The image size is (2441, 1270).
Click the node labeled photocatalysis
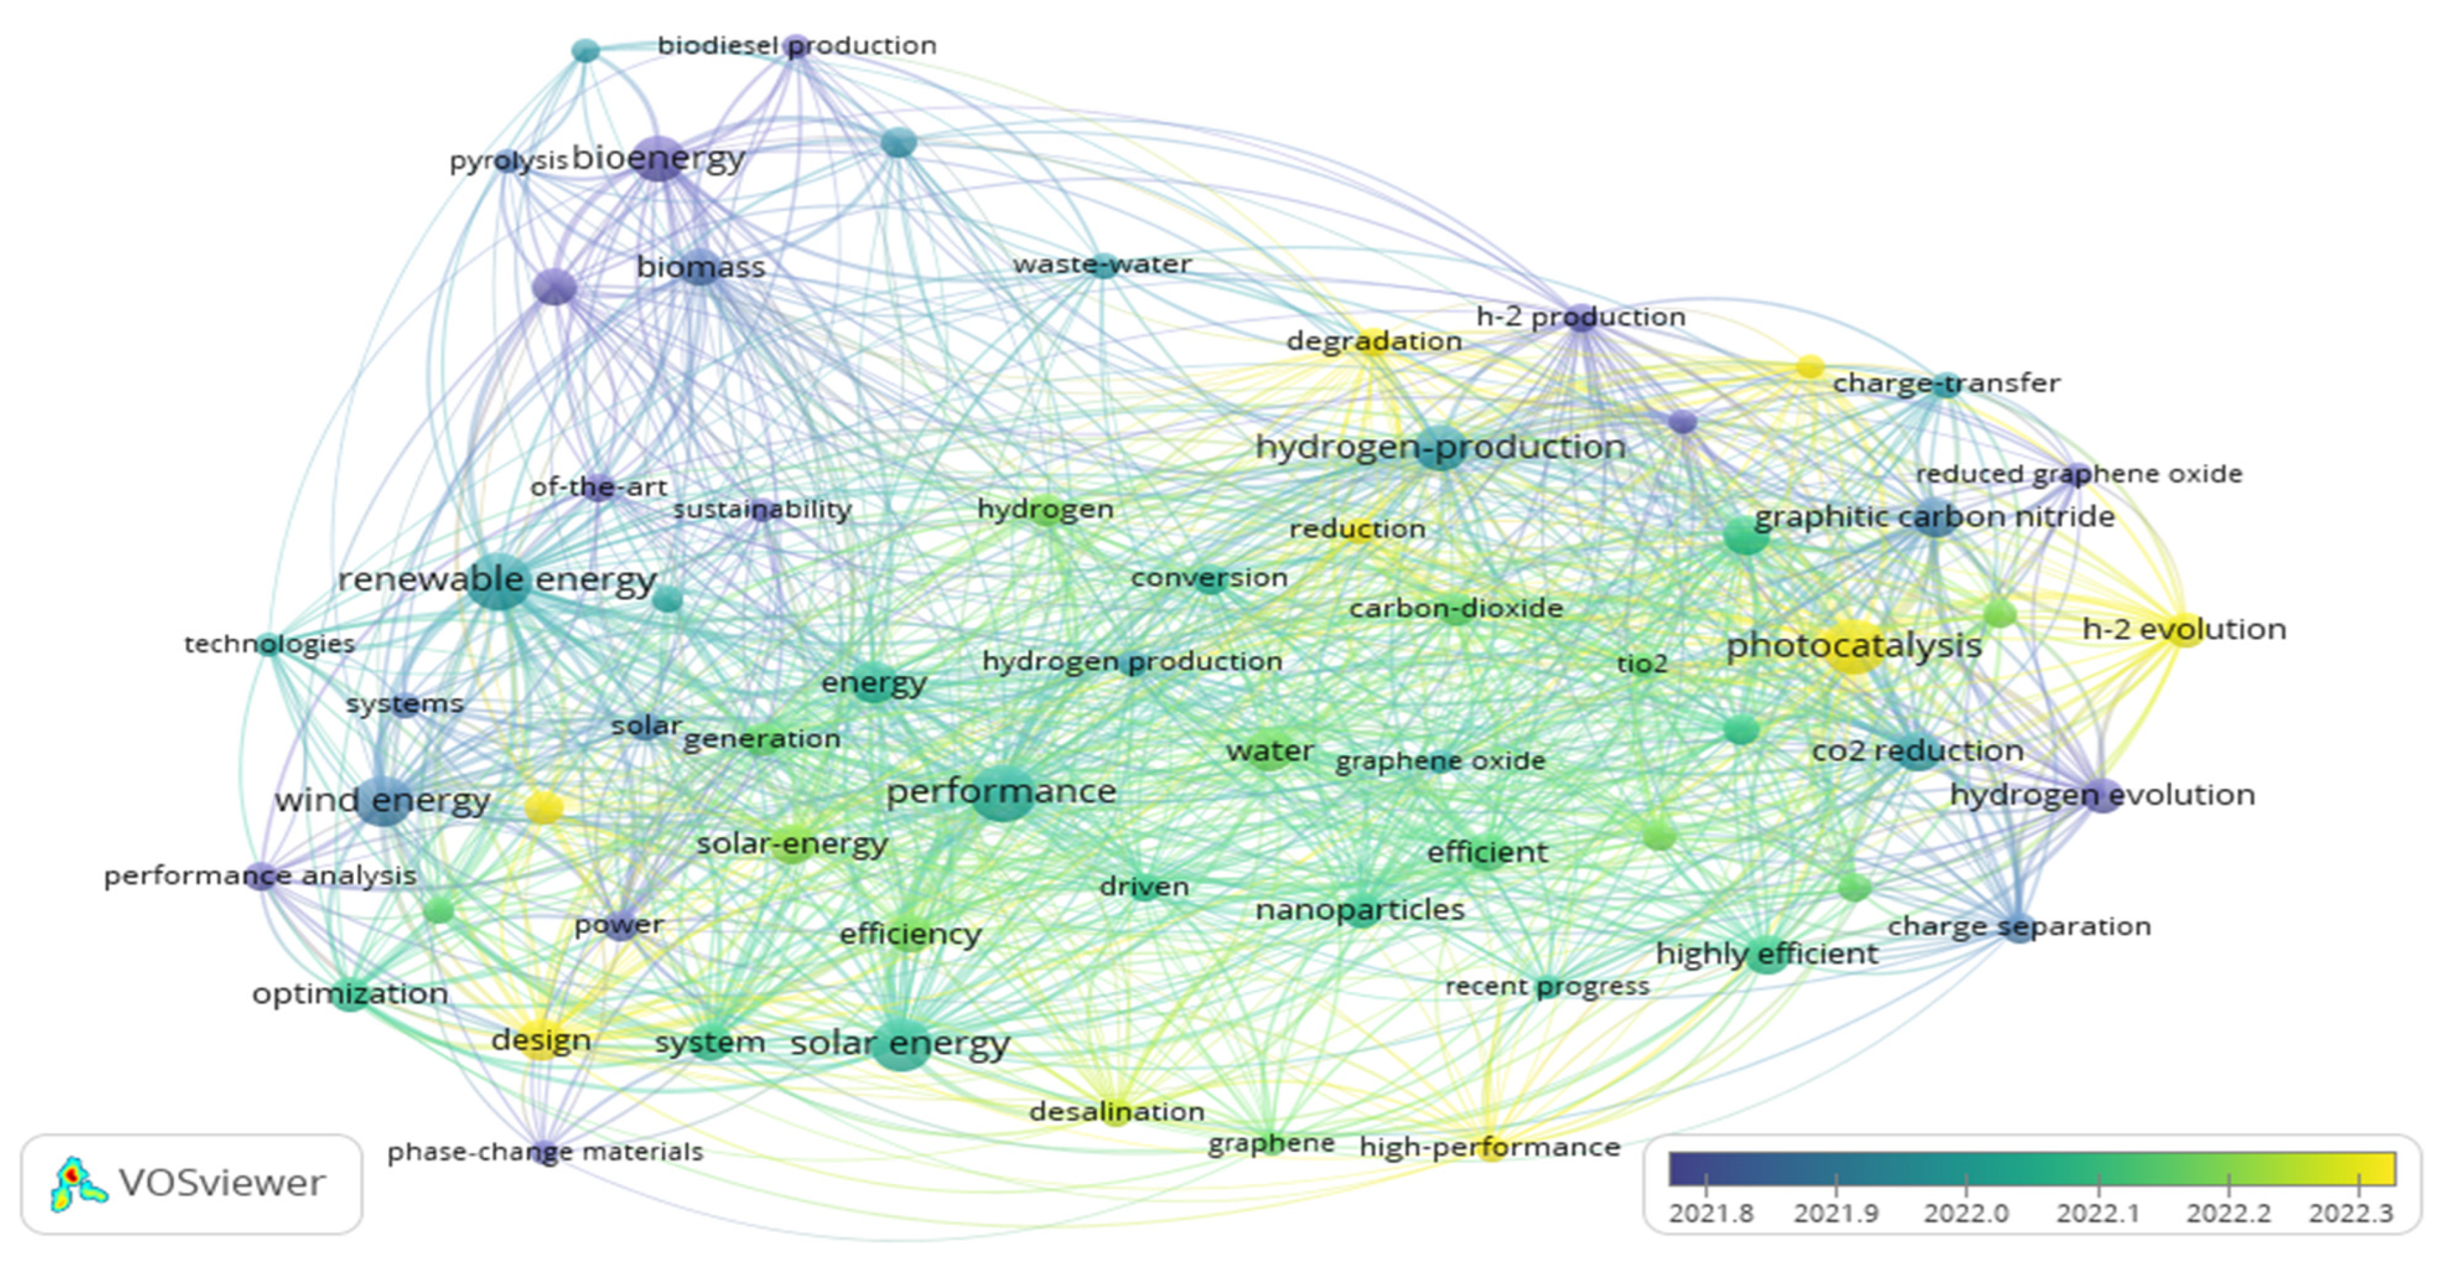point(1853,646)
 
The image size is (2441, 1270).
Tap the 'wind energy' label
point(382,801)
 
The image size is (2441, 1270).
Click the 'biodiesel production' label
point(796,45)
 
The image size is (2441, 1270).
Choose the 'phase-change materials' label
point(545,1152)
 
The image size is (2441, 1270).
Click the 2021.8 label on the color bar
point(1710,1213)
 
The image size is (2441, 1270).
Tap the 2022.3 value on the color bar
point(2351,1213)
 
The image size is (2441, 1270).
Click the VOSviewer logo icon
point(78,1184)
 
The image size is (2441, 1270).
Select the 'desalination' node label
point(1116,1111)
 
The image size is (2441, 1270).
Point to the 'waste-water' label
point(1101,264)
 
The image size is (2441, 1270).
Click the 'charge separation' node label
point(2018,926)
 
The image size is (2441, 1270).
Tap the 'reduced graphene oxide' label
point(2078,474)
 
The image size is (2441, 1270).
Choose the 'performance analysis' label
point(259,876)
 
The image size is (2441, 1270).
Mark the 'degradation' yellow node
point(1373,342)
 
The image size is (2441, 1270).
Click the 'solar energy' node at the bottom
point(900,1044)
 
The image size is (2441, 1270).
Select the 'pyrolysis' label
point(508,161)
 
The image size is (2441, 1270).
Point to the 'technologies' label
point(269,644)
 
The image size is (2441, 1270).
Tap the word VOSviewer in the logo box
point(221,1184)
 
